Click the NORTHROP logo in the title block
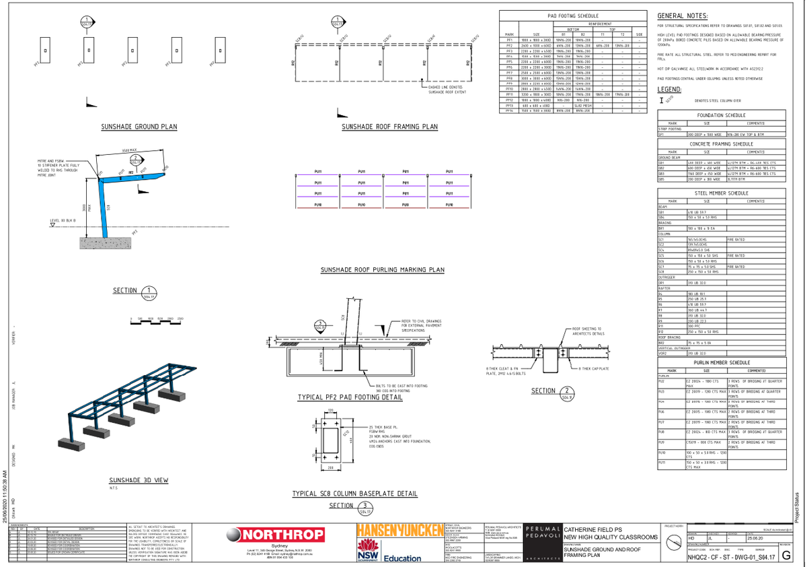268,536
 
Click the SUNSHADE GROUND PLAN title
139,127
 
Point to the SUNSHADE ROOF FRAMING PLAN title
389,127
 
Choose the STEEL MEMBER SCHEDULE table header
722,193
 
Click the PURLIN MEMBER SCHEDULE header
722,362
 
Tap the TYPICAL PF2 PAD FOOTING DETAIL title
349,398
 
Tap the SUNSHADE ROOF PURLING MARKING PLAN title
383,269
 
